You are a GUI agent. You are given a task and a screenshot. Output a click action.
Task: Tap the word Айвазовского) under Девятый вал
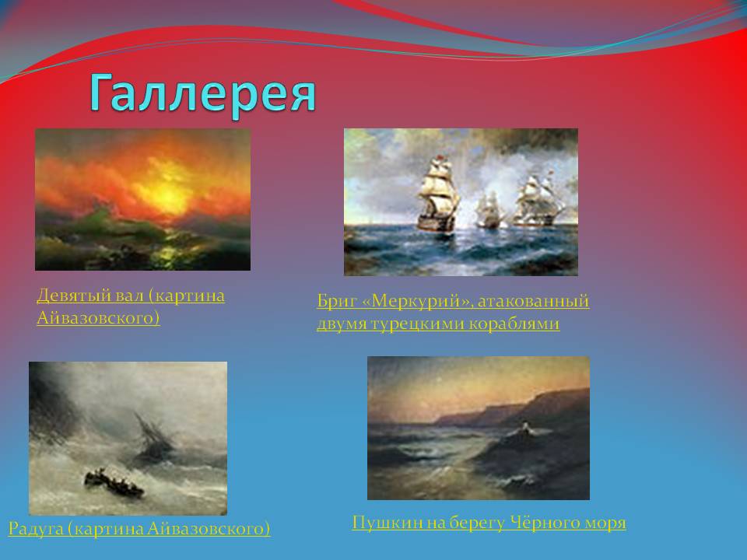click(x=98, y=317)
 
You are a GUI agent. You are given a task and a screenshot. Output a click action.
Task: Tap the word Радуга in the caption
click(x=36, y=530)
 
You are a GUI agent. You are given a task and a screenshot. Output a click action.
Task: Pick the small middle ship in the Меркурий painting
click(x=488, y=208)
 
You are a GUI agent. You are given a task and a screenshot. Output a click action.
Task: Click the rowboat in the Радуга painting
click(x=114, y=483)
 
